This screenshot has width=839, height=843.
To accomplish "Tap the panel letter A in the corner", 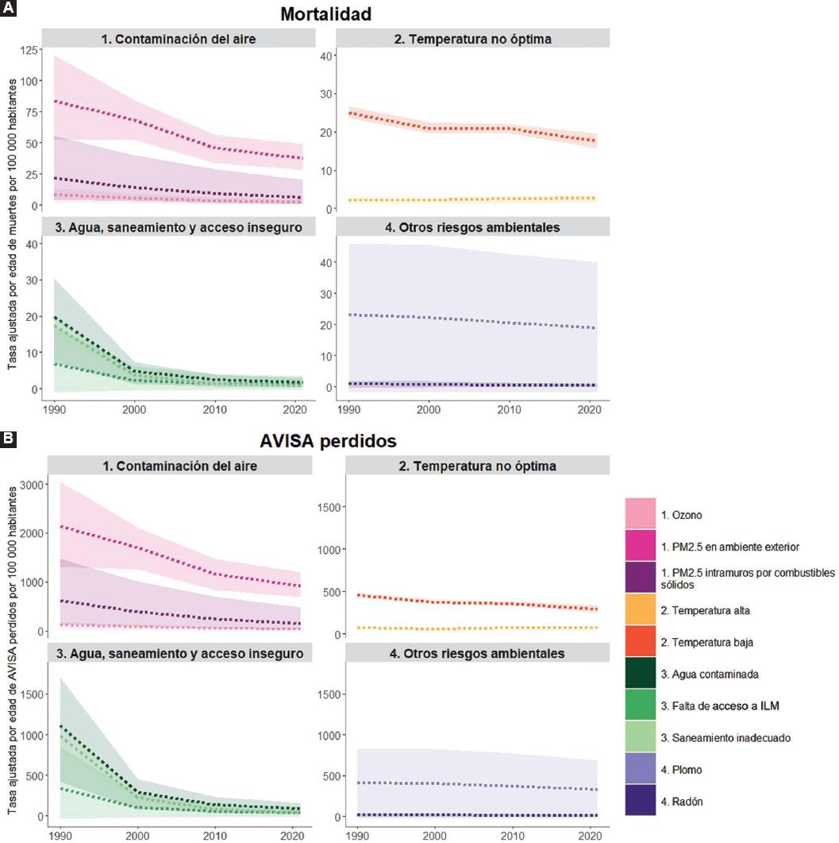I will [x=8, y=7].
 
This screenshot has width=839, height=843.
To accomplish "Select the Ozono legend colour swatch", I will [x=641, y=514].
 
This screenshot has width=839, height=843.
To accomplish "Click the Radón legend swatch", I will [x=641, y=801].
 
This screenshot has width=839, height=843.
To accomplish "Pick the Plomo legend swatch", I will [x=641, y=769].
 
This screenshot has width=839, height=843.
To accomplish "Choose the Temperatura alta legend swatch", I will [x=641, y=610].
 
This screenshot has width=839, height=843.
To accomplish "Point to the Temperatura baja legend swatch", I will [x=641, y=642].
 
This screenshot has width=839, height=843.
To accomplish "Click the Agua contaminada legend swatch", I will [x=641, y=674].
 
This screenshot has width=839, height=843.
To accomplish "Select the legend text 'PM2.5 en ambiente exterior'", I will [x=723, y=547].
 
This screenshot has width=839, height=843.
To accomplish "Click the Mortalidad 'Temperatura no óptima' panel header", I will [x=472, y=37].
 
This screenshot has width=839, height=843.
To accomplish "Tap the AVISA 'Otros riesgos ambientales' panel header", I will [x=472, y=654].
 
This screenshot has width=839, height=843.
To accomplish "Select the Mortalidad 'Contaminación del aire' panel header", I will [x=179, y=37].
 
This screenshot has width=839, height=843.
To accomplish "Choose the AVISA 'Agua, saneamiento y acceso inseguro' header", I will [x=179, y=654].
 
